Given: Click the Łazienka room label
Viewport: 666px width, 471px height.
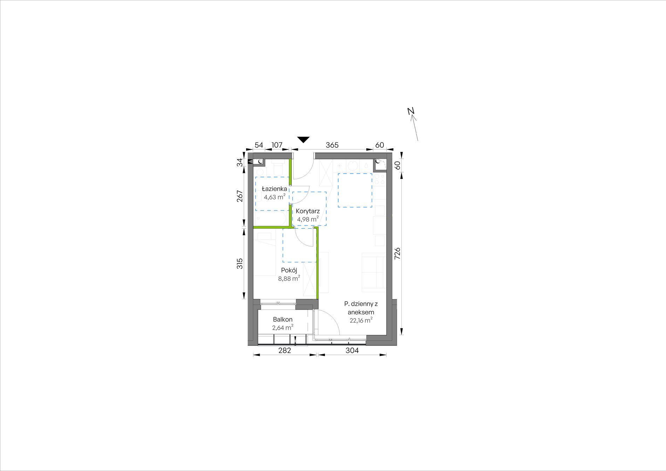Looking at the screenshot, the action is pos(274,189).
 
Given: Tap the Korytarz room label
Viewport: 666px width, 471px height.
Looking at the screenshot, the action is pos(308,211).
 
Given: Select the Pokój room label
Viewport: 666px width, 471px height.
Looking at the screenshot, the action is pos(289,270).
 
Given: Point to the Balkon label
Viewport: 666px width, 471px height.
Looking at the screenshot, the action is pos(283,319).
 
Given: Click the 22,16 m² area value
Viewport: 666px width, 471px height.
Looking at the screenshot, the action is pos(361,320).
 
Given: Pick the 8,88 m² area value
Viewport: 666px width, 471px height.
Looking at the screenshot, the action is pos(289,279).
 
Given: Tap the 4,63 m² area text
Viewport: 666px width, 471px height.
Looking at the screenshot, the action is pos(274,197).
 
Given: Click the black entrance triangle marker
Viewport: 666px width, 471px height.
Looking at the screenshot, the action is pos(303,140).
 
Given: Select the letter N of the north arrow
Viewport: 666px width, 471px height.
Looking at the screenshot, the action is pos(411,111).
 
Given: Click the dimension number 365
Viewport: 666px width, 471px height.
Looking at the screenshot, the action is pos(332,145).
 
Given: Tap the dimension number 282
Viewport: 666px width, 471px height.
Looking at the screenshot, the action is pos(285,350).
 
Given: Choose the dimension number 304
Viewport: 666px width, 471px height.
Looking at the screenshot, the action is pos(352,350).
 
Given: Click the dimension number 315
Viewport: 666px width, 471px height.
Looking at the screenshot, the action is pos(240,263).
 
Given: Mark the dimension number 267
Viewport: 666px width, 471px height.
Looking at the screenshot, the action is pos(240,196).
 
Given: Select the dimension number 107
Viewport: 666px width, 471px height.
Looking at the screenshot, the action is pos(277,145).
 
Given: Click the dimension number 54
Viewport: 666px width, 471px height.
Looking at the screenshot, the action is pos(259,145).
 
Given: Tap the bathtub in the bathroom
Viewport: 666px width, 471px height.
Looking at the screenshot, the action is pos(272,218).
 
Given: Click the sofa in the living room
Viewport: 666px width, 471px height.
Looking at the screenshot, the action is pos(374,272).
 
